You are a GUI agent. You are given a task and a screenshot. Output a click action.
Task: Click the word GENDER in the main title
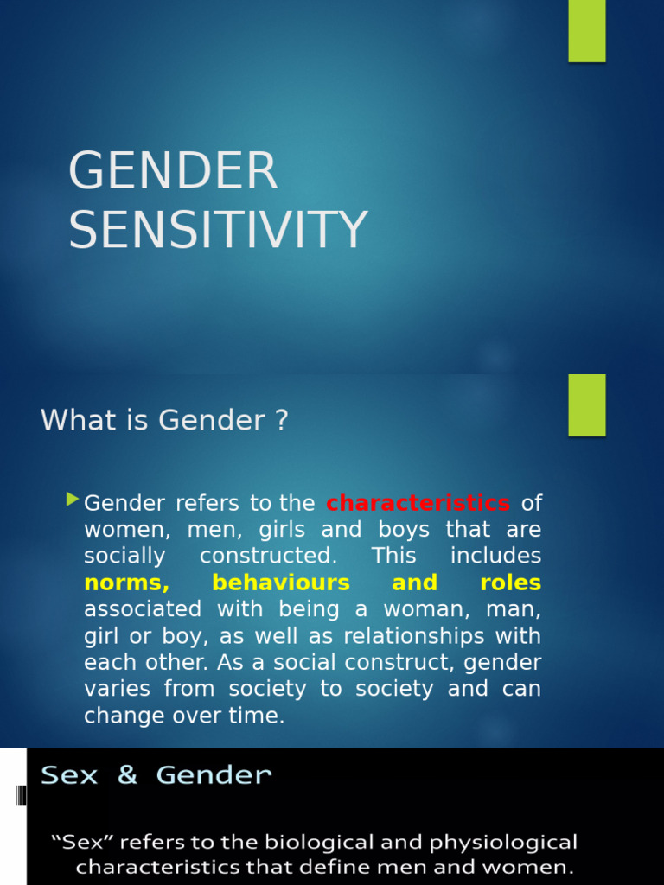click(x=173, y=171)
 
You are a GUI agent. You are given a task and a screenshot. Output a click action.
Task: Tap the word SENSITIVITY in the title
click(x=218, y=230)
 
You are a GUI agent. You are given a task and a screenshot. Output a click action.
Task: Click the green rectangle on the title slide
click(x=586, y=31)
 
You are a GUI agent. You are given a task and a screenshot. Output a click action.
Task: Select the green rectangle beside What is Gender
click(x=586, y=404)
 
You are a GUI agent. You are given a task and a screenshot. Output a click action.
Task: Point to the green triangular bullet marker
click(x=73, y=500)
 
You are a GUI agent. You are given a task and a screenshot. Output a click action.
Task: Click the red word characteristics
click(x=418, y=503)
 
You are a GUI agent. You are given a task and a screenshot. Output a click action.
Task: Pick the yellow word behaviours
click(x=281, y=583)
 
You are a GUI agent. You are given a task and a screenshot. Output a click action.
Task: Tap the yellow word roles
click(x=510, y=583)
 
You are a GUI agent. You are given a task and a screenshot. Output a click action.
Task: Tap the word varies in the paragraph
click(x=112, y=689)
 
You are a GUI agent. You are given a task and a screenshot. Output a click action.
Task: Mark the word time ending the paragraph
click(x=259, y=716)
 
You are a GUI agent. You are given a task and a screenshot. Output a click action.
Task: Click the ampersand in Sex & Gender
click(x=127, y=775)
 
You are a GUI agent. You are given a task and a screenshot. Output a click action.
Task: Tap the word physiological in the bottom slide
click(x=502, y=843)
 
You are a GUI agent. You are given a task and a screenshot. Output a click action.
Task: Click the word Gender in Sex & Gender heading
click(x=214, y=775)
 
